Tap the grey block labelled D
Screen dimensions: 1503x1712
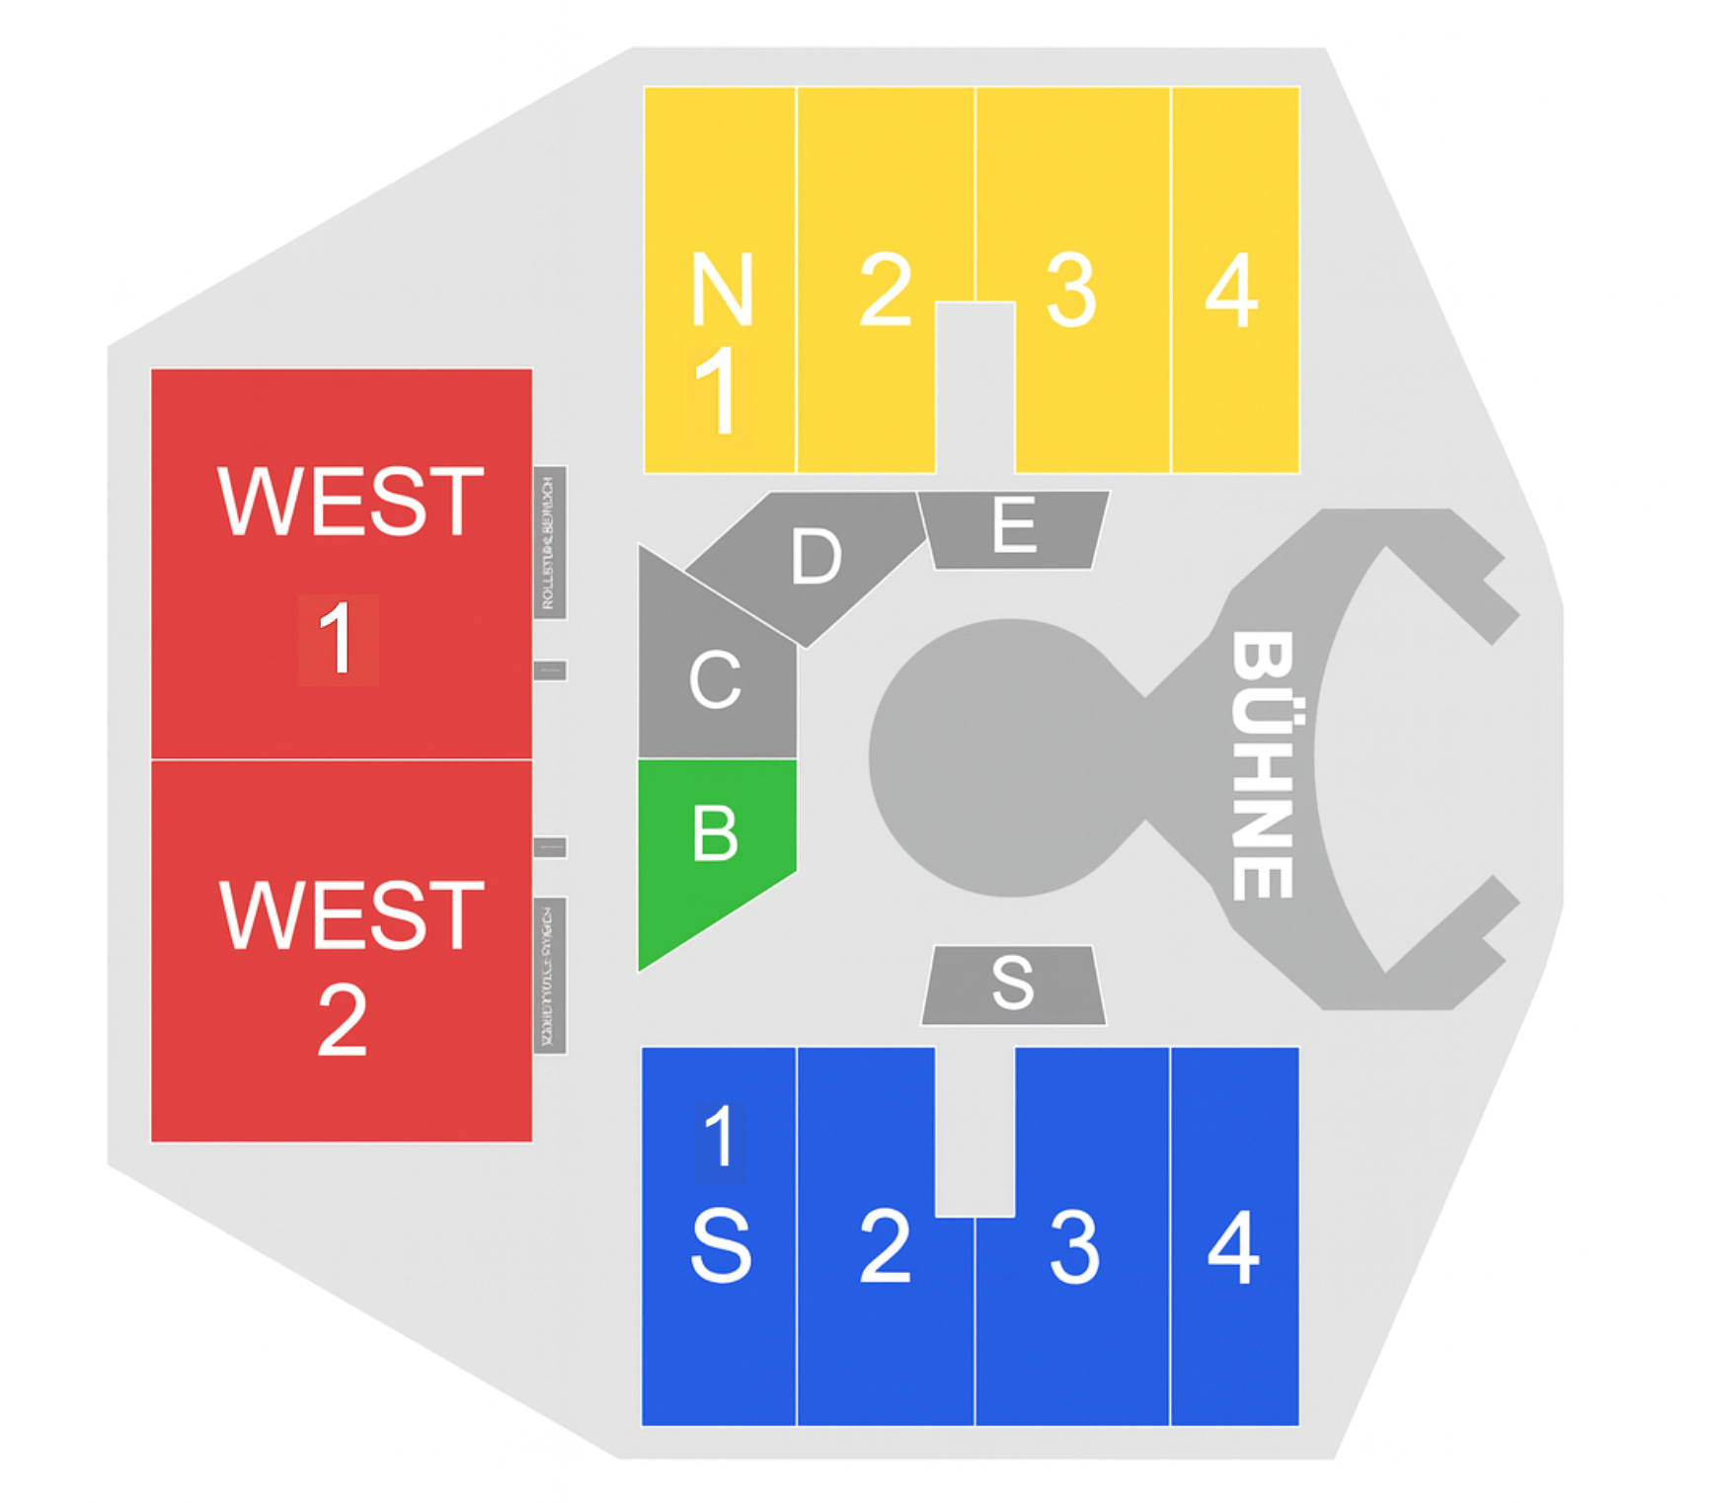tap(816, 558)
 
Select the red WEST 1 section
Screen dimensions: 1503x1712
tap(342, 564)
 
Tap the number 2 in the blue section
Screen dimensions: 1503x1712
tap(885, 1247)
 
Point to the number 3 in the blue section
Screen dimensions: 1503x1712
tap(1073, 1247)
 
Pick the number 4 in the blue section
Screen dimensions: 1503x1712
tap(1234, 1247)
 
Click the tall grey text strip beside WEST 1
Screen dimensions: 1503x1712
tap(550, 543)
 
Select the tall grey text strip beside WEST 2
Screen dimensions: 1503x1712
tap(550, 976)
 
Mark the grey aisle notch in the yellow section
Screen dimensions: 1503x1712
tap(975, 385)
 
